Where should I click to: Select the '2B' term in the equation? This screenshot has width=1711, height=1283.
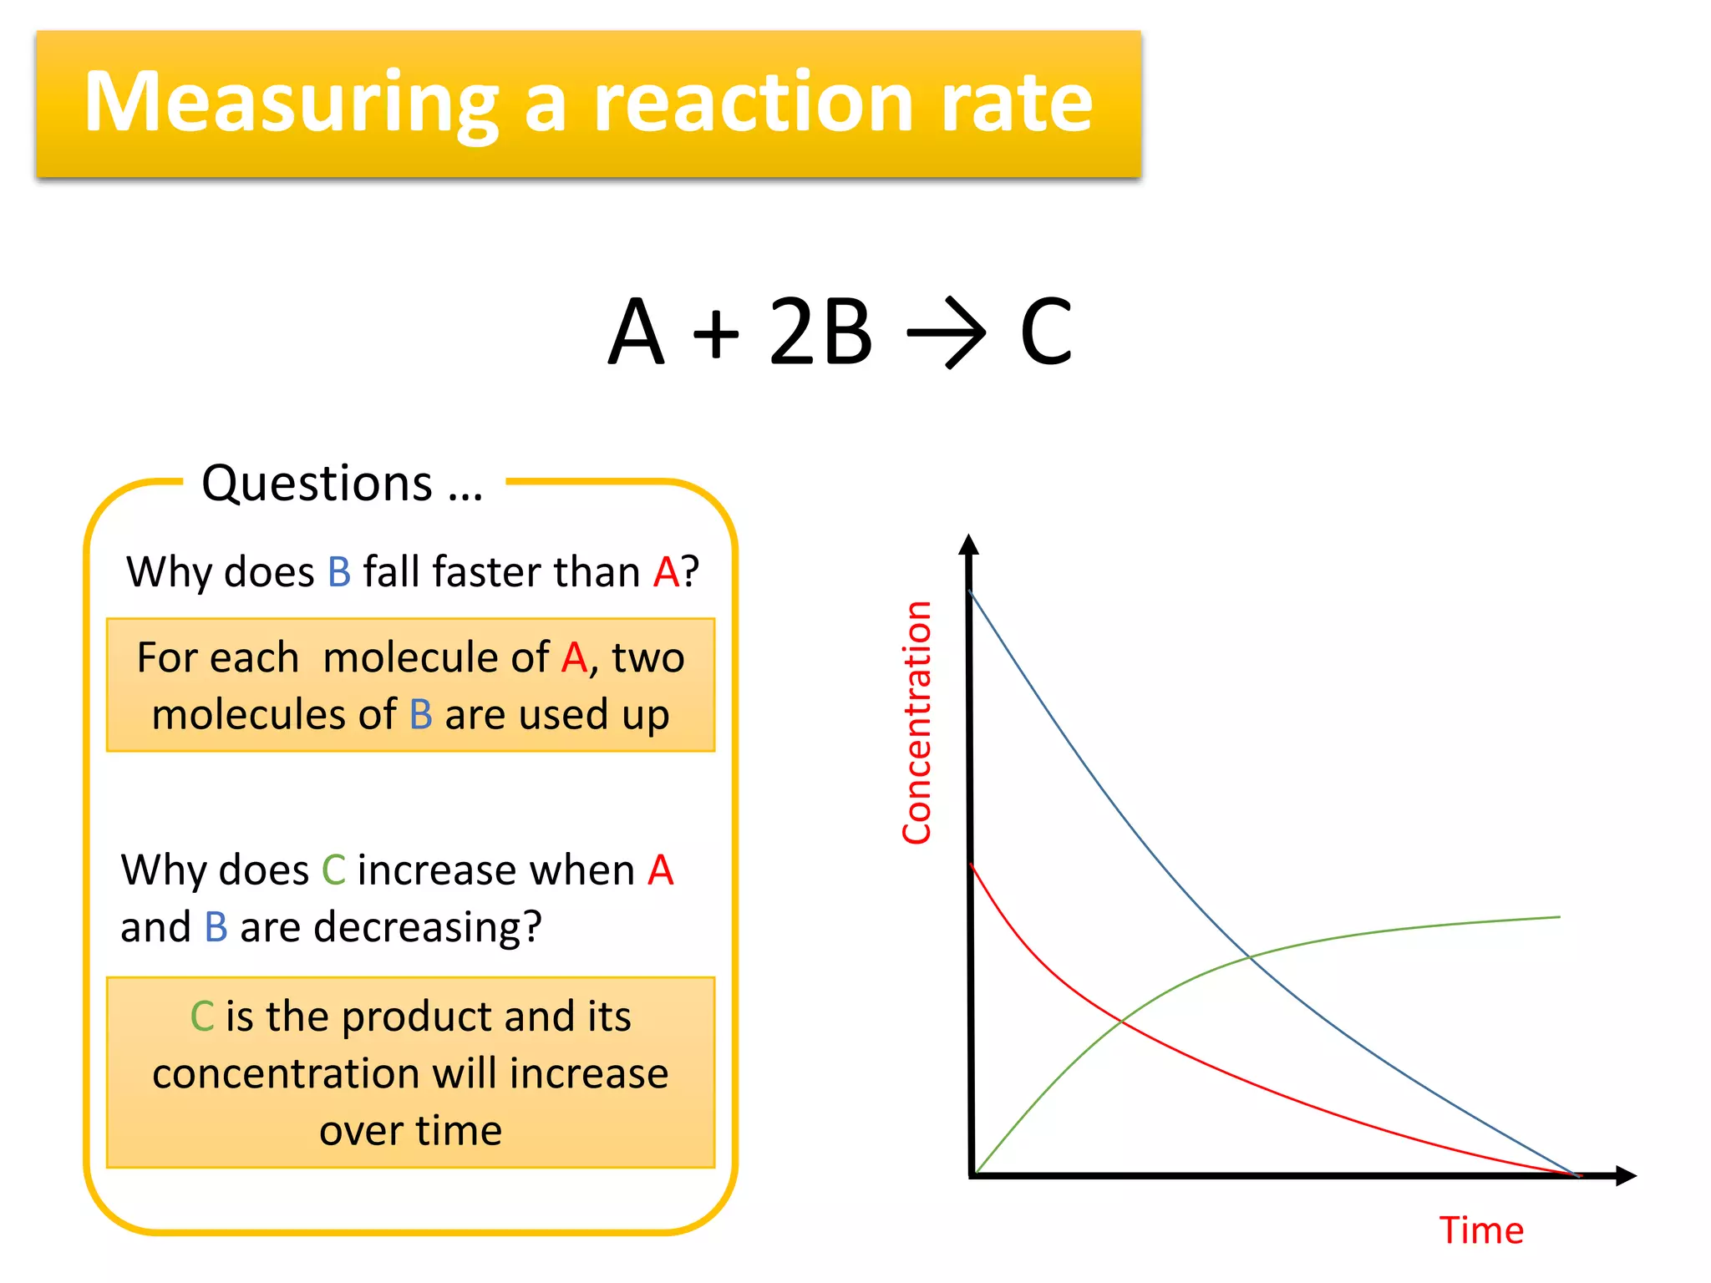tap(820, 332)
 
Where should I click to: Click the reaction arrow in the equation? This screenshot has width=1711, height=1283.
tap(947, 333)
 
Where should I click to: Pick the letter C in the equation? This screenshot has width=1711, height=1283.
tap(1045, 332)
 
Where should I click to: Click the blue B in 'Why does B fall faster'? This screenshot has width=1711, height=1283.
tap(339, 572)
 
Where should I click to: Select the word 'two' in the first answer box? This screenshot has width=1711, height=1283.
tap(648, 657)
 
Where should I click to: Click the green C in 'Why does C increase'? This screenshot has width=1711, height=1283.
tap(333, 870)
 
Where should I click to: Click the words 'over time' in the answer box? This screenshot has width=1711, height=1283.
tap(410, 1130)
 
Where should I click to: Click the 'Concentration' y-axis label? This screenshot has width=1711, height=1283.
tap(916, 723)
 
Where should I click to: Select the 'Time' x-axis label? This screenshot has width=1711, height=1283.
tap(1481, 1230)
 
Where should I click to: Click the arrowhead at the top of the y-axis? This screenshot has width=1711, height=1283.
tap(968, 545)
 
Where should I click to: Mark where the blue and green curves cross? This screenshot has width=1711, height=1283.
tap(1249, 956)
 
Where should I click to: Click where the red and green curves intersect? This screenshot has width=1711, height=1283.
tap(1121, 1021)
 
